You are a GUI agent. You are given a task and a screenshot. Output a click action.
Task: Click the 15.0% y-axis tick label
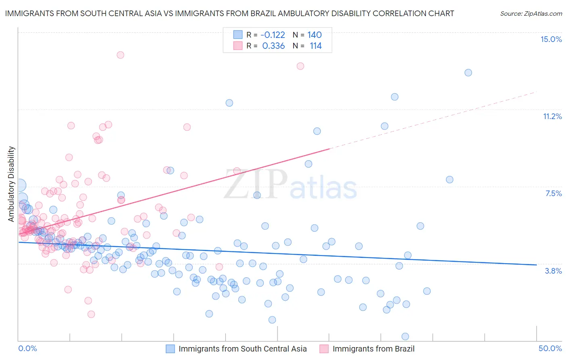point(551,39)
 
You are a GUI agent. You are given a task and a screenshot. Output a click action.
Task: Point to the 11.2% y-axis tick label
point(552,116)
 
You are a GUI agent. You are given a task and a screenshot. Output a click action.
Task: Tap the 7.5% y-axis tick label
point(553,193)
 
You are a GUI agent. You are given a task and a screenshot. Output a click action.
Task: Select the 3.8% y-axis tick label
point(553,271)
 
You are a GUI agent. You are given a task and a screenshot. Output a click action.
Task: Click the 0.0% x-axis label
point(28,348)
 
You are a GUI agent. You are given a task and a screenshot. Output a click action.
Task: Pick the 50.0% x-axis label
point(550,348)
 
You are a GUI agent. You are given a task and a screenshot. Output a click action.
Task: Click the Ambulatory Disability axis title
point(11,184)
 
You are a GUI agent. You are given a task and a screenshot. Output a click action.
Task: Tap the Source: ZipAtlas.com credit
point(531,13)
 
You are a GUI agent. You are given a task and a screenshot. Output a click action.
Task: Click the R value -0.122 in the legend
point(273,35)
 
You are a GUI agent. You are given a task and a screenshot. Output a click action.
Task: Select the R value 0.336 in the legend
point(273,46)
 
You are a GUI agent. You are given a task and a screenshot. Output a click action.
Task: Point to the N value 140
point(314,35)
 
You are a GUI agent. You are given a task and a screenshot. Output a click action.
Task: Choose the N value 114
point(315,46)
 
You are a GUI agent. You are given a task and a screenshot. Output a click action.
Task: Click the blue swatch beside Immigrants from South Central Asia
point(171,349)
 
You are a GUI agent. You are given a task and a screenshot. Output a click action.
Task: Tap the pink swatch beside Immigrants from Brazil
point(324,349)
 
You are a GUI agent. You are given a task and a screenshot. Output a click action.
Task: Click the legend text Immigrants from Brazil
point(373,349)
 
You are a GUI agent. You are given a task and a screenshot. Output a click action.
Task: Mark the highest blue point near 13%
point(468,73)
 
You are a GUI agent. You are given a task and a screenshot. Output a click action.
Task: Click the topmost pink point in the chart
point(120,55)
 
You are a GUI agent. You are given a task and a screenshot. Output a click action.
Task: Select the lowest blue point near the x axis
point(405,337)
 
